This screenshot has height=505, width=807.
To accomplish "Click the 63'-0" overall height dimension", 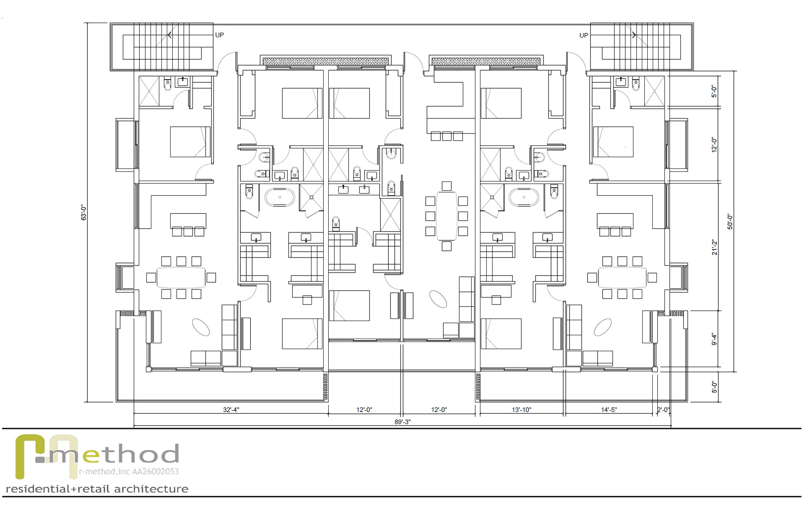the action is click(x=84, y=213).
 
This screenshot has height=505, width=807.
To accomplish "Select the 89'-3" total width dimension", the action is click(x=402, y=422).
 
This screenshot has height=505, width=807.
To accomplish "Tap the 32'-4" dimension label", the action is click(x=231, y=410).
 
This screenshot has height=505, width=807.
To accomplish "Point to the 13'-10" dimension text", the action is click(x=522, y=410).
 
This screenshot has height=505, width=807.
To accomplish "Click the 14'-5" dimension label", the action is click(x=609, y=410).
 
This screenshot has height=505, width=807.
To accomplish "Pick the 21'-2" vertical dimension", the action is click(x=715, y=247).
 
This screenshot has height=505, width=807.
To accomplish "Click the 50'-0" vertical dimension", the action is click(x=730, y=222).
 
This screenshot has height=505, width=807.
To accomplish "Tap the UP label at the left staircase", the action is click(x=219, y=35).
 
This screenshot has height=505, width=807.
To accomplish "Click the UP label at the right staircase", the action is click(x=584, y=36).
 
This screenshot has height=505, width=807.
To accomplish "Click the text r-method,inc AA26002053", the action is click(x=129, y=471).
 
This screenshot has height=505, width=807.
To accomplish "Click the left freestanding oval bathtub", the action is click(x=280, y=197).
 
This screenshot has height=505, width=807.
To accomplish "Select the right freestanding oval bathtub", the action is click(x=524, y=197).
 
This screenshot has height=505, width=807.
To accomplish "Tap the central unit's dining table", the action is click(x=446, y=216).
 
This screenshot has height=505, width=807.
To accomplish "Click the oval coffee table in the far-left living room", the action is click(x=201, y=327).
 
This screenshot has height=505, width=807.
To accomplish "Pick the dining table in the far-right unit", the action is click(x=622, y=277).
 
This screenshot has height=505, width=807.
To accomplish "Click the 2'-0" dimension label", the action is click(x=663, y=410).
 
